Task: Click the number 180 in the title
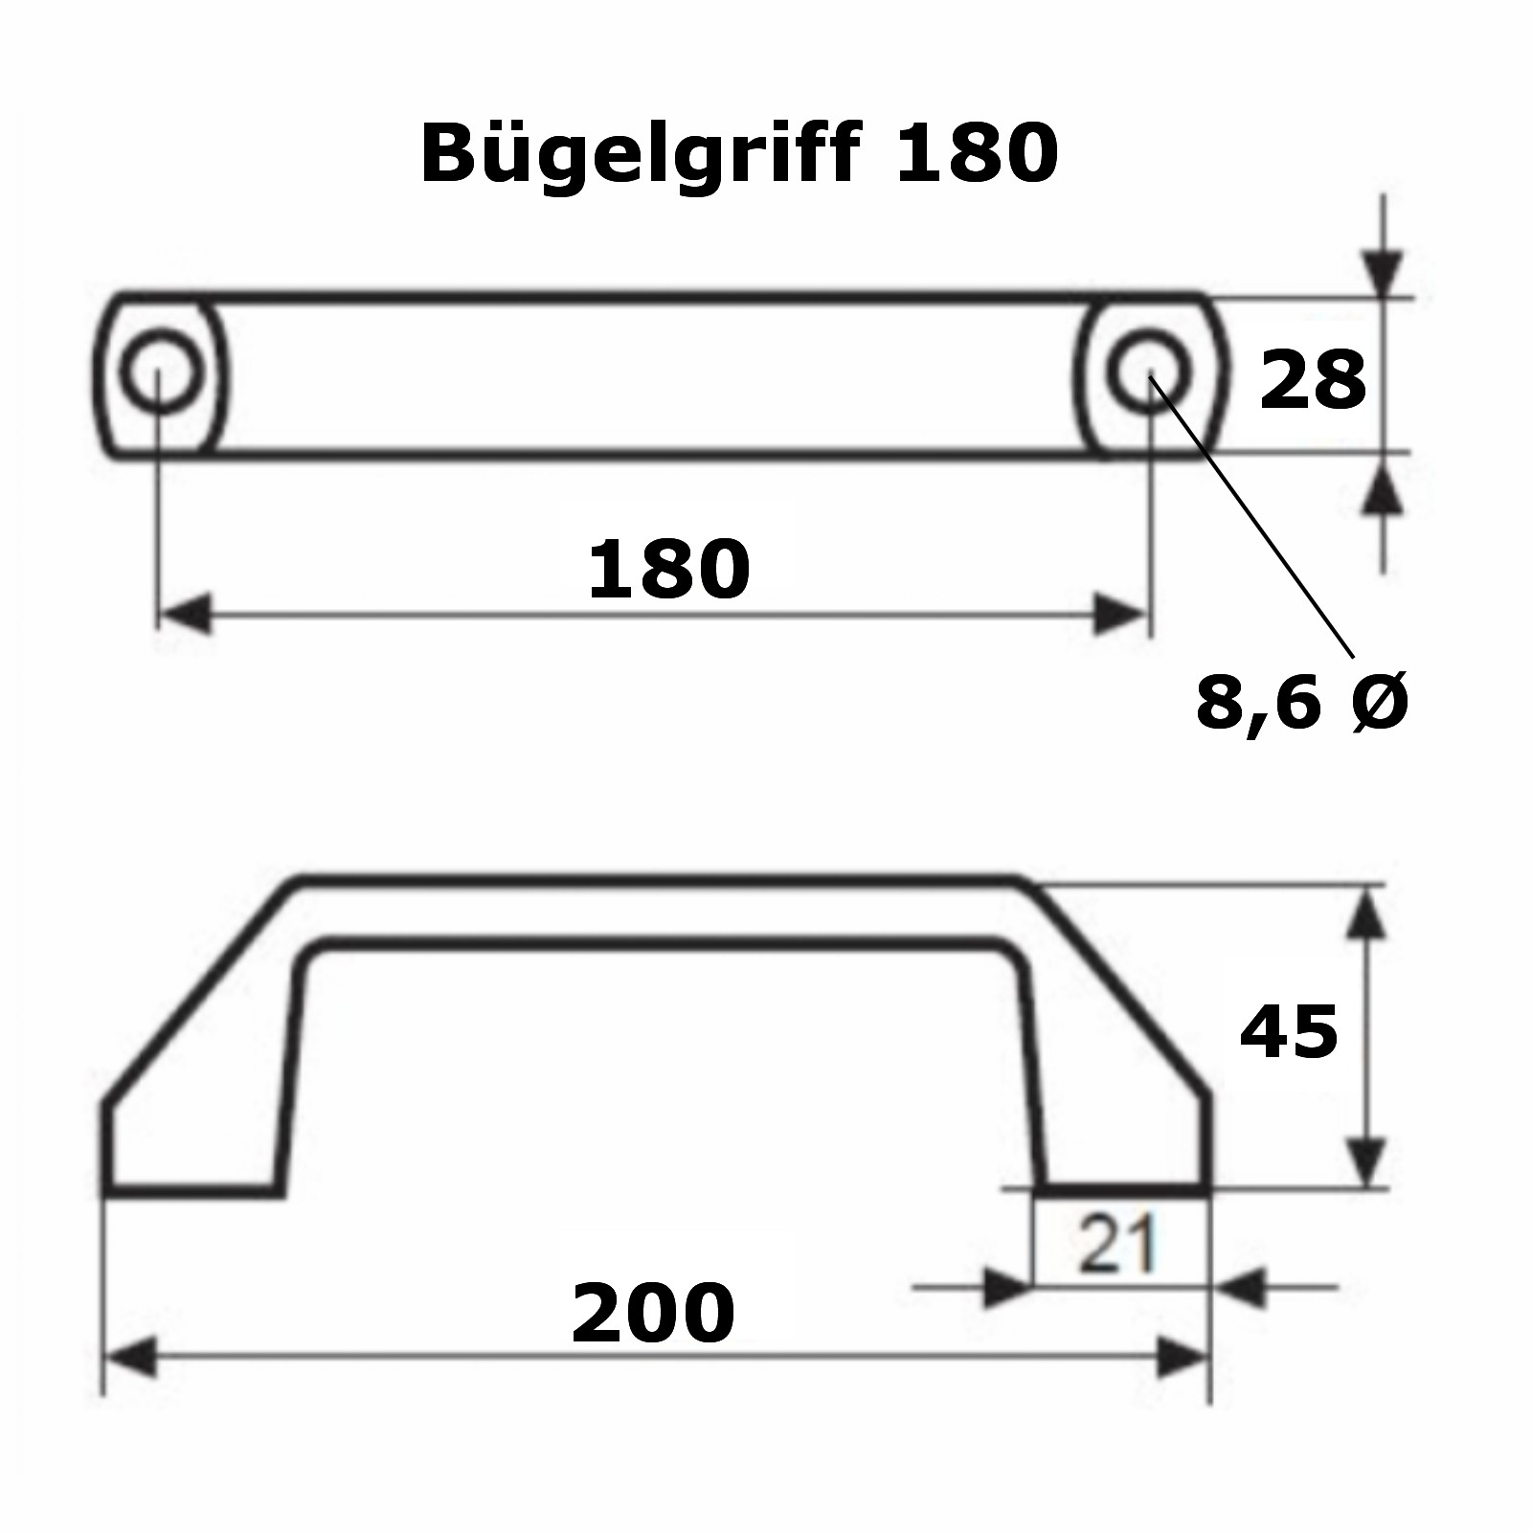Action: [976, 153]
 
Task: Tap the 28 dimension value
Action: [1312, 380]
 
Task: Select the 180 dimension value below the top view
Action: [668, 570]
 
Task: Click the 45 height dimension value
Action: [1288, 1033]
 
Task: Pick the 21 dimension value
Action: [1116, 1246]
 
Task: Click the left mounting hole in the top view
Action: [162, 372]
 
